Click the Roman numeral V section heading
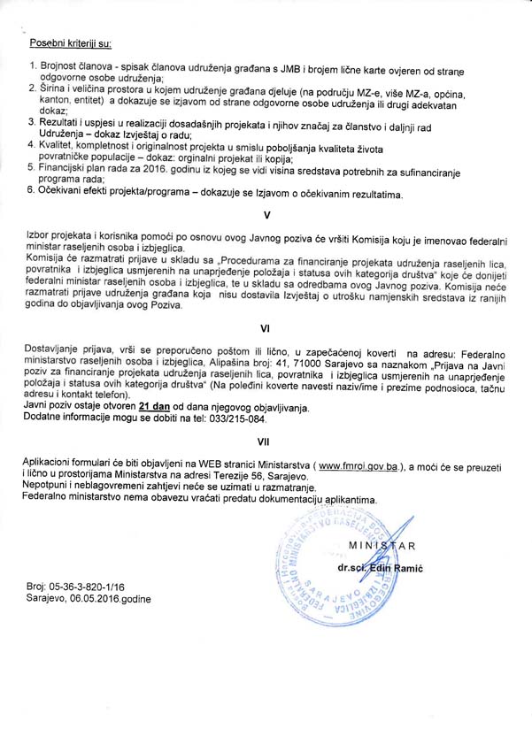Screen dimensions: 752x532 266,215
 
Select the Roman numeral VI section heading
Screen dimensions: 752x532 266,327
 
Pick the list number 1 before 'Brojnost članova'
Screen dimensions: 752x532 32,66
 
